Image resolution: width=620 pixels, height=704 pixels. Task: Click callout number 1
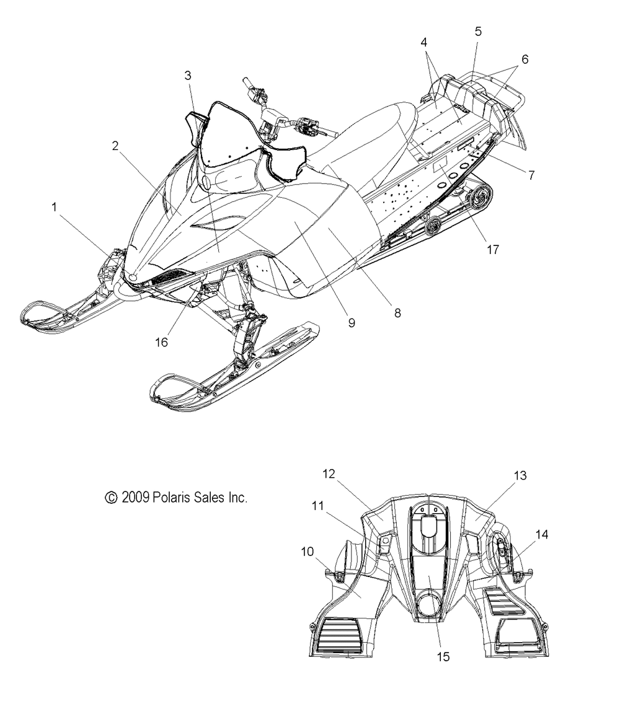[55, 207]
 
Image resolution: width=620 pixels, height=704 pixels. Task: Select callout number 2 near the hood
[115, 146]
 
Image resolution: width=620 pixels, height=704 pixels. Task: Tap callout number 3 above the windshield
[188, 76]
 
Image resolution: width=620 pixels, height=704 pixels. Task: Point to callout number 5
[478, 32]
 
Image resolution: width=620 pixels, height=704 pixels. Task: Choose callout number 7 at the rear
[531, 175]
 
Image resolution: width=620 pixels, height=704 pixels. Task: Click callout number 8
[397, 313]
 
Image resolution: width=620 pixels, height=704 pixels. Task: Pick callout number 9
[352, 322]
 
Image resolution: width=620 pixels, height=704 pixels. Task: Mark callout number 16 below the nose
[161, 342]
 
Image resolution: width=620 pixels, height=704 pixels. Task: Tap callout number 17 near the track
[493, 250]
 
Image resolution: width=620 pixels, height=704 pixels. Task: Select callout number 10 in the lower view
[308, 552]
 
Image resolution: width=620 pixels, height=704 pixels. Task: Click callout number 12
[329, 473]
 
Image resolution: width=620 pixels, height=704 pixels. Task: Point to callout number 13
[520, 475]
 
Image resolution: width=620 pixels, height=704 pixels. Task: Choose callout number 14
[542, 534]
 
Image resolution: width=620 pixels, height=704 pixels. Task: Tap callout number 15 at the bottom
[443, 657]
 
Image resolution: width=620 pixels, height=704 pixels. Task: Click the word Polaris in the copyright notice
[172, 497]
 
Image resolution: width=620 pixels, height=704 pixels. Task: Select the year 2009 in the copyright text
[135, 498]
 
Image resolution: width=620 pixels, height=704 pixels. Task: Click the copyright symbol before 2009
[111, 498]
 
